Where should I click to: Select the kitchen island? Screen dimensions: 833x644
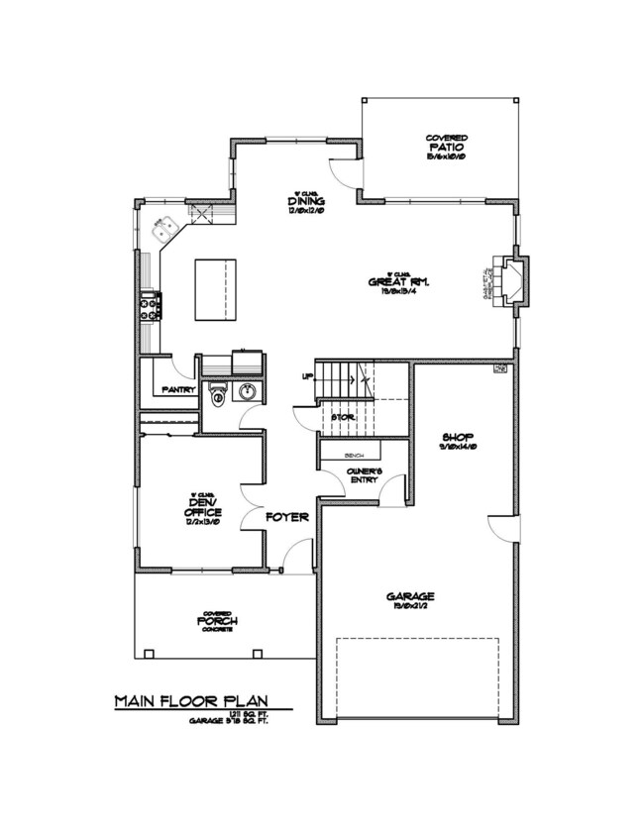[x=216, y=289]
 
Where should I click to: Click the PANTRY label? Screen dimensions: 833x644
[x=177, y=390]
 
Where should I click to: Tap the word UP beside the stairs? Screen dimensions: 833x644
[x=308, y=376]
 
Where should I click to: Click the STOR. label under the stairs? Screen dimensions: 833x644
[x=343, y=418]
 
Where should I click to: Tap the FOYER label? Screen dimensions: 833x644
[x=287, y=517]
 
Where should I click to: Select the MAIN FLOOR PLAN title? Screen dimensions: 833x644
[x=189, y=701]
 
